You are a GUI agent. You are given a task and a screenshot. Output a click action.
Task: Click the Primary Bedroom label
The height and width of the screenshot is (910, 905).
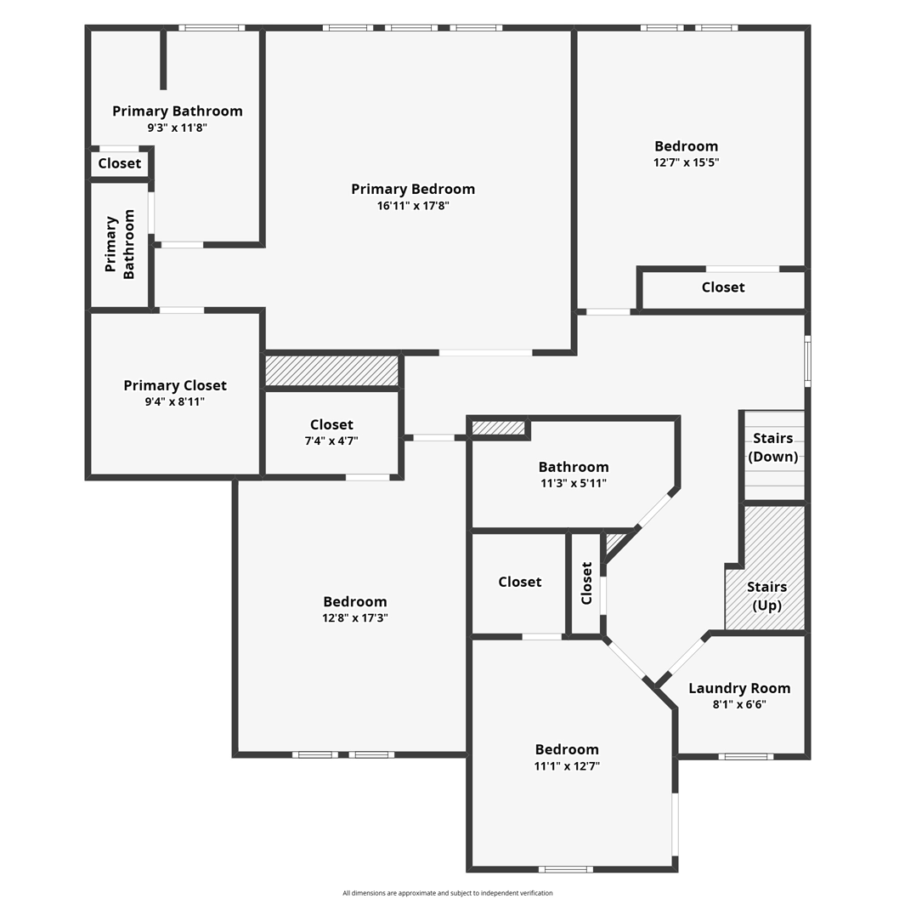[413, 189]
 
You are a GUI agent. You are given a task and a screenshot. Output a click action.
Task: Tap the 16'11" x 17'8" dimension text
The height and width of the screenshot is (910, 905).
[413, 206]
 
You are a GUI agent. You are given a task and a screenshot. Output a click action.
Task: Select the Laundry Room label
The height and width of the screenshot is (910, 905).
[739, 688]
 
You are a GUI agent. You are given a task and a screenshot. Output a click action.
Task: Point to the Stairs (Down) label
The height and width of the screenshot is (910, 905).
[772, 447]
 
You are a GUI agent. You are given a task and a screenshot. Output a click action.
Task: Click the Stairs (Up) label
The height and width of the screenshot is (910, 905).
[766, 596]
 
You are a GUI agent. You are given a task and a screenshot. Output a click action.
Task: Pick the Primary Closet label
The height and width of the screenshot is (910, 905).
[175, 385]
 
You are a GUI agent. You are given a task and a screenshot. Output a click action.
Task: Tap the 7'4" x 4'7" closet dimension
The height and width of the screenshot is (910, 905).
[331, 441]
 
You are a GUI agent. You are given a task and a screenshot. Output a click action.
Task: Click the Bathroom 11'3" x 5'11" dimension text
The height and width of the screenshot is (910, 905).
[574, 483]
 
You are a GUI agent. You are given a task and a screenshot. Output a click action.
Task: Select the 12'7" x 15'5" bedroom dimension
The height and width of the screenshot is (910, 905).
[686, 162]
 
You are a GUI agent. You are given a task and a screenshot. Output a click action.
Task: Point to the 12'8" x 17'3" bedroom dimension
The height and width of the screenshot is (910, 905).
[355, 618]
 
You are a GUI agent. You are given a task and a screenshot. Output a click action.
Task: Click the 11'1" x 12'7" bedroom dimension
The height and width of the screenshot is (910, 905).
[567, 766]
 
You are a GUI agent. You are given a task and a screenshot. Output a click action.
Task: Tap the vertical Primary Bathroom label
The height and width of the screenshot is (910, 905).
[120, 244]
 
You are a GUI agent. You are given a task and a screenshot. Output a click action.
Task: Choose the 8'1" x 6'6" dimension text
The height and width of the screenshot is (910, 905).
[739, 704]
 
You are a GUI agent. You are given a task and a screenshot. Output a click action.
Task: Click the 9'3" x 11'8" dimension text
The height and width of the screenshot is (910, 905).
[177, 128]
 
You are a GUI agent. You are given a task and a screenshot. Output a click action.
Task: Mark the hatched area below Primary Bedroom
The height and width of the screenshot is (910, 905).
[331, 370]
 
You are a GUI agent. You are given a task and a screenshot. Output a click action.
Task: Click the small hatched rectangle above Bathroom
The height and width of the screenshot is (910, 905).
[498, 428]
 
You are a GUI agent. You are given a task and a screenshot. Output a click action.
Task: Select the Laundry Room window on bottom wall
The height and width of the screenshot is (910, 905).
[745, 756]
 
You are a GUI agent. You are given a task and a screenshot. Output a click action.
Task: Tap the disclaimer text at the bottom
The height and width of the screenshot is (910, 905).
[448, 893]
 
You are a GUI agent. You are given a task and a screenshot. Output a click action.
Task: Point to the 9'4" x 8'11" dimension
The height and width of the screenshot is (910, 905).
[174, 401]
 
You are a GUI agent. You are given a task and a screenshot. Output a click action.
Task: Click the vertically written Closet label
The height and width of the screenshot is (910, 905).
[586, 583]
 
